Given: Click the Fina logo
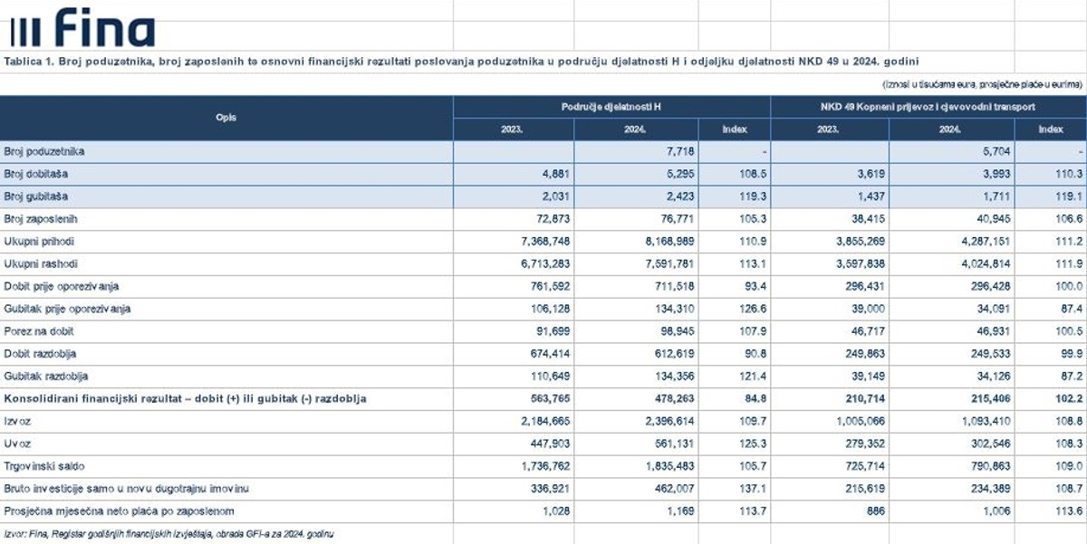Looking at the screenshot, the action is pyautogui.click(x=82, y=27).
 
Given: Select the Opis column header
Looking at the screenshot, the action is pyautogui.click(x=226, y=118).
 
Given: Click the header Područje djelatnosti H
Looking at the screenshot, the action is pyautogui.click(x=611, y=107).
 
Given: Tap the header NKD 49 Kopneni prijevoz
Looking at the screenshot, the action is pyautogui.click(x=928, y=107).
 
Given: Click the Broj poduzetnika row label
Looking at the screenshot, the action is pyautogui.click(x=44, y=152).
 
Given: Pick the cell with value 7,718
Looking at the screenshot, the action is pyautogui.click(x=680, y=152).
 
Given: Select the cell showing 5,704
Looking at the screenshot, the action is pyautogui.click(x=996, y=152).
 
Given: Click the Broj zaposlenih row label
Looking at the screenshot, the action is pyautogui.click(x=41, y=219).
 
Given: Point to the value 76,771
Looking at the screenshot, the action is pyautogui.click(x=678, y=219).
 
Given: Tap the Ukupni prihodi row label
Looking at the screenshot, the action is pyautogui.click(x=39, y=242).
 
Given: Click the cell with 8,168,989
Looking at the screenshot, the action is pyautogui.click(x=669, y=242).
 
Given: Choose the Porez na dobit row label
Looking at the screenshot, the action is pyautogui.click(x=39, y=331).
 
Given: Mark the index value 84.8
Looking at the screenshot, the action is pyautogui.click(x=755, y=398).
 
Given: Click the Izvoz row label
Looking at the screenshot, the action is pyautogui.click(x=17, y=421).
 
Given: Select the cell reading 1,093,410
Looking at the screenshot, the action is pyautogui.click(x=986, y=421).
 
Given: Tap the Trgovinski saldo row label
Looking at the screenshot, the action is pyautogui.click(x=44, y=466).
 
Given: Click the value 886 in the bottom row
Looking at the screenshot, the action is pyautogui.click(x=876, y=511).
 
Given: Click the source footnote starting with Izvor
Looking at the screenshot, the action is pyautogui.click(x=168, y=534).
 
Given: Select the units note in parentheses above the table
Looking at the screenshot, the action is pyautogui.click(x=982, y=84).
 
